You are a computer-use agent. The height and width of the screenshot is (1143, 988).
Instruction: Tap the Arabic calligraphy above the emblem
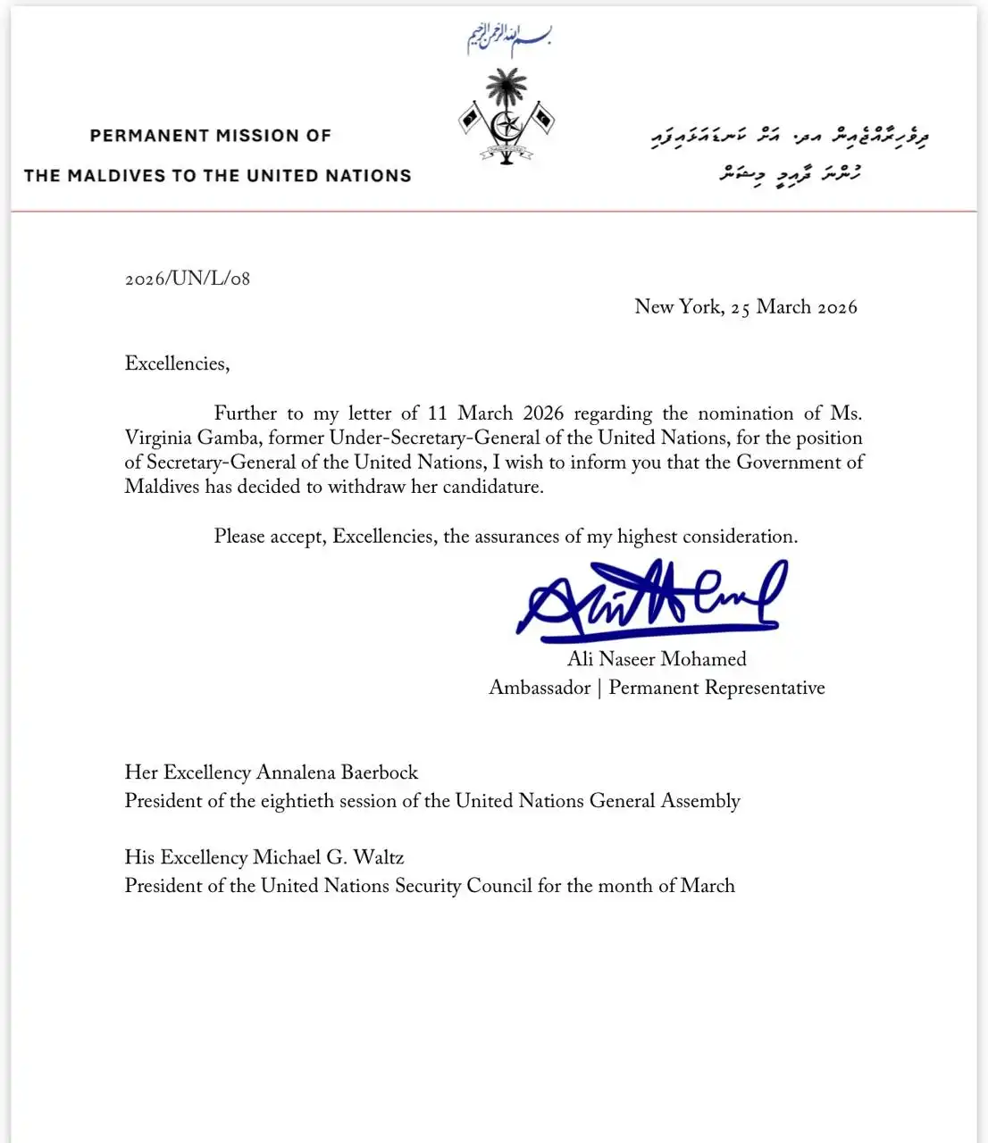(x=508, y=38)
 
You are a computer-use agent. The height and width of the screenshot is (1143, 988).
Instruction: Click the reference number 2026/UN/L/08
(x=188, y=279)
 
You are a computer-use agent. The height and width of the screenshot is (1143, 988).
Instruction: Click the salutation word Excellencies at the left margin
(x=176, y=363)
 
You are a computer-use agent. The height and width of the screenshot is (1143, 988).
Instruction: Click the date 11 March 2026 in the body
(x=496, y=413)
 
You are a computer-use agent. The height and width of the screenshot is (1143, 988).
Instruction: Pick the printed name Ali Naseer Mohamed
(x=657, y=659)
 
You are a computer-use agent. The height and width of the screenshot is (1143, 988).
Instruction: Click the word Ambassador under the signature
(x=540, y=688)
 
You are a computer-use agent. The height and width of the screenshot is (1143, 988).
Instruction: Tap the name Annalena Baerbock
(x=337, y=772)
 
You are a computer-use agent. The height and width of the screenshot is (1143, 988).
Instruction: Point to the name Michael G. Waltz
(x=328, y=857)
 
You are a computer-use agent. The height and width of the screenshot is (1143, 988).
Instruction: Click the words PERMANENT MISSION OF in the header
(x=211, y=136)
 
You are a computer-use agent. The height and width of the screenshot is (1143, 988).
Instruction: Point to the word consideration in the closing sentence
(x=739, y=537)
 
